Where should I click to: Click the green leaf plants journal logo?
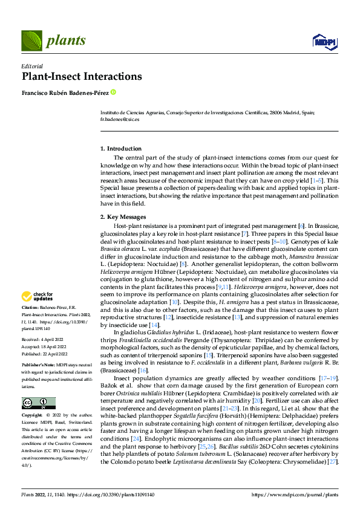tap(31, 41)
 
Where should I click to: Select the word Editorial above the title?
tap(32, 66)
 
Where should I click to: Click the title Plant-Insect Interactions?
tap(82, 77)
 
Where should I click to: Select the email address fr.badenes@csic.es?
tap(119, 120)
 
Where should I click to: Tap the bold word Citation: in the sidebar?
tap(32, 308)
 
